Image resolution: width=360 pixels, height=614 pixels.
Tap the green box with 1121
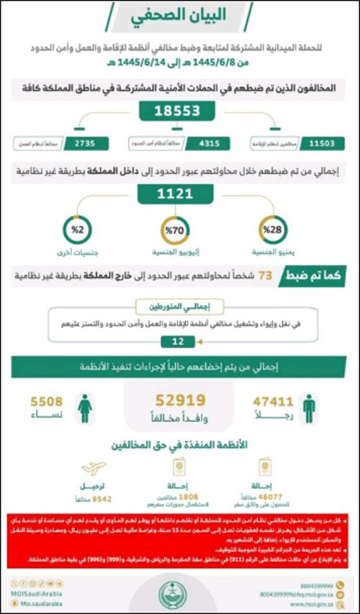(179, 194)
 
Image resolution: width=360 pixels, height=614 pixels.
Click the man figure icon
(309, 408)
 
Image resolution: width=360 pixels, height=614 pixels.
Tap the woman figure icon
(84, 408)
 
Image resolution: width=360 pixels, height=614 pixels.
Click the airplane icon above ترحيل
(93, 469)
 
